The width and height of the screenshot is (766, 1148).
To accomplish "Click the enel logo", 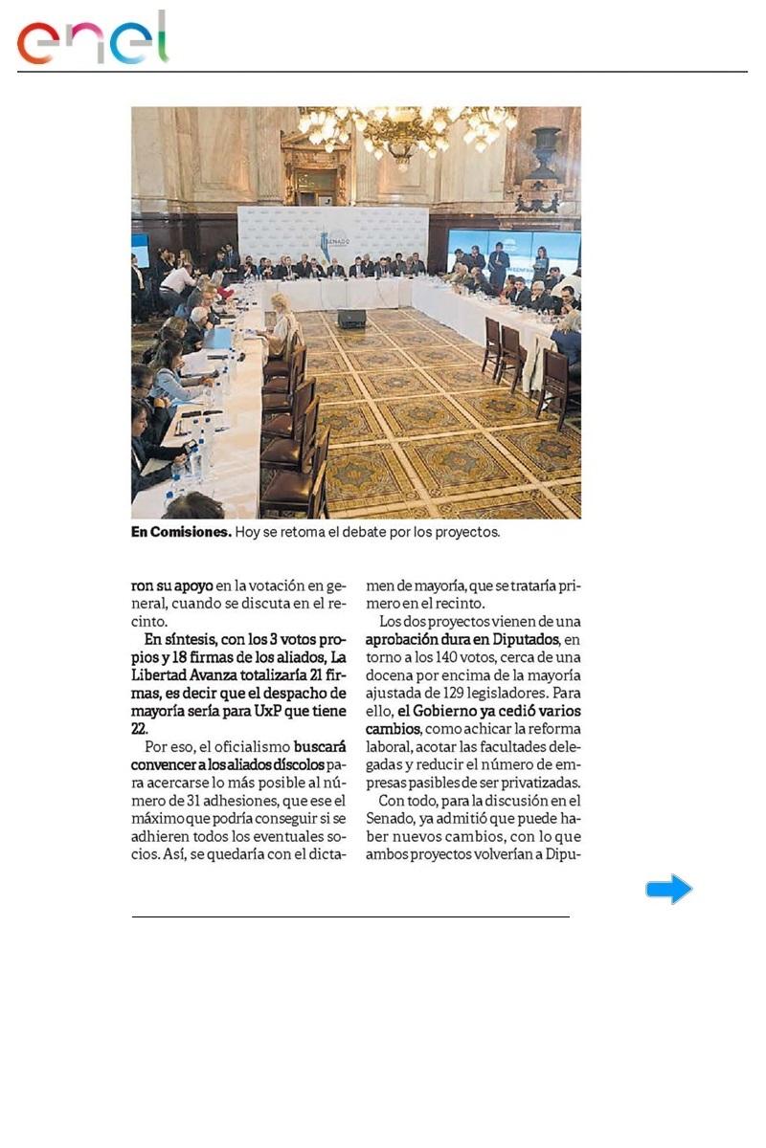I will coord(93,40).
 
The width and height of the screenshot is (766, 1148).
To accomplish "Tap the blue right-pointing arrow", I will coord(668,889).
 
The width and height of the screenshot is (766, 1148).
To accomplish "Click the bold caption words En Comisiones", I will coord(181,532).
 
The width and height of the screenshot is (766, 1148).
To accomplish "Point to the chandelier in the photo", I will coord(408,129).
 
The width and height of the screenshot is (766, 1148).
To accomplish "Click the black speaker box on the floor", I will coord(351,319).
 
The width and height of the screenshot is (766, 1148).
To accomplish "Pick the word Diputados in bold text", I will coord(525,638).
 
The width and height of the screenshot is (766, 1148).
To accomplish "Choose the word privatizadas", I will coord(540,784).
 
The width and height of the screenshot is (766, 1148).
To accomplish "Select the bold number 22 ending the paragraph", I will coord(140,729).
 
